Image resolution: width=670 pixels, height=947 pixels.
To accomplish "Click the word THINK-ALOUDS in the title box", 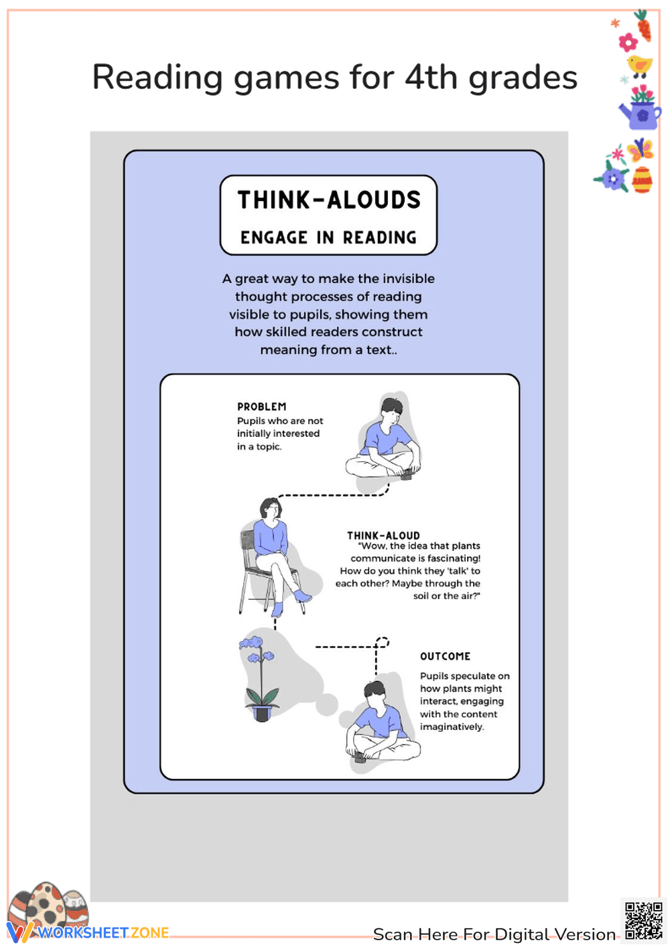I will coord(329,200).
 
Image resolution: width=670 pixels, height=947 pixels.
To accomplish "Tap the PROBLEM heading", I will coord(261,407).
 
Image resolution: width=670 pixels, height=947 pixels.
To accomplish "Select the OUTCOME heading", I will coord(445,656).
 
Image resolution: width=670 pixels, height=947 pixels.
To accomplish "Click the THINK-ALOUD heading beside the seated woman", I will coord(383,535).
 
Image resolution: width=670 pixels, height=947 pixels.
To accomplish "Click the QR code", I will coord(643,921).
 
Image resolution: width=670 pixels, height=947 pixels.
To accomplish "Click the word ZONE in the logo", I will coord(149,933).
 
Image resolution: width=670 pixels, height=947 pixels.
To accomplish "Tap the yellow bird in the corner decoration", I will coord(639,66).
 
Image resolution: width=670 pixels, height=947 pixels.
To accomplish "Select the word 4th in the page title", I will coord(431,77).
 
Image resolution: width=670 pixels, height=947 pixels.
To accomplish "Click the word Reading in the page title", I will coord(157,78).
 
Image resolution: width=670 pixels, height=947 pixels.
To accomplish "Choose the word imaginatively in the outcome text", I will coord(452,727).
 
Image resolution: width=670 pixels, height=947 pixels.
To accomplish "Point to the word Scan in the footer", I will coord(393,934).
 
